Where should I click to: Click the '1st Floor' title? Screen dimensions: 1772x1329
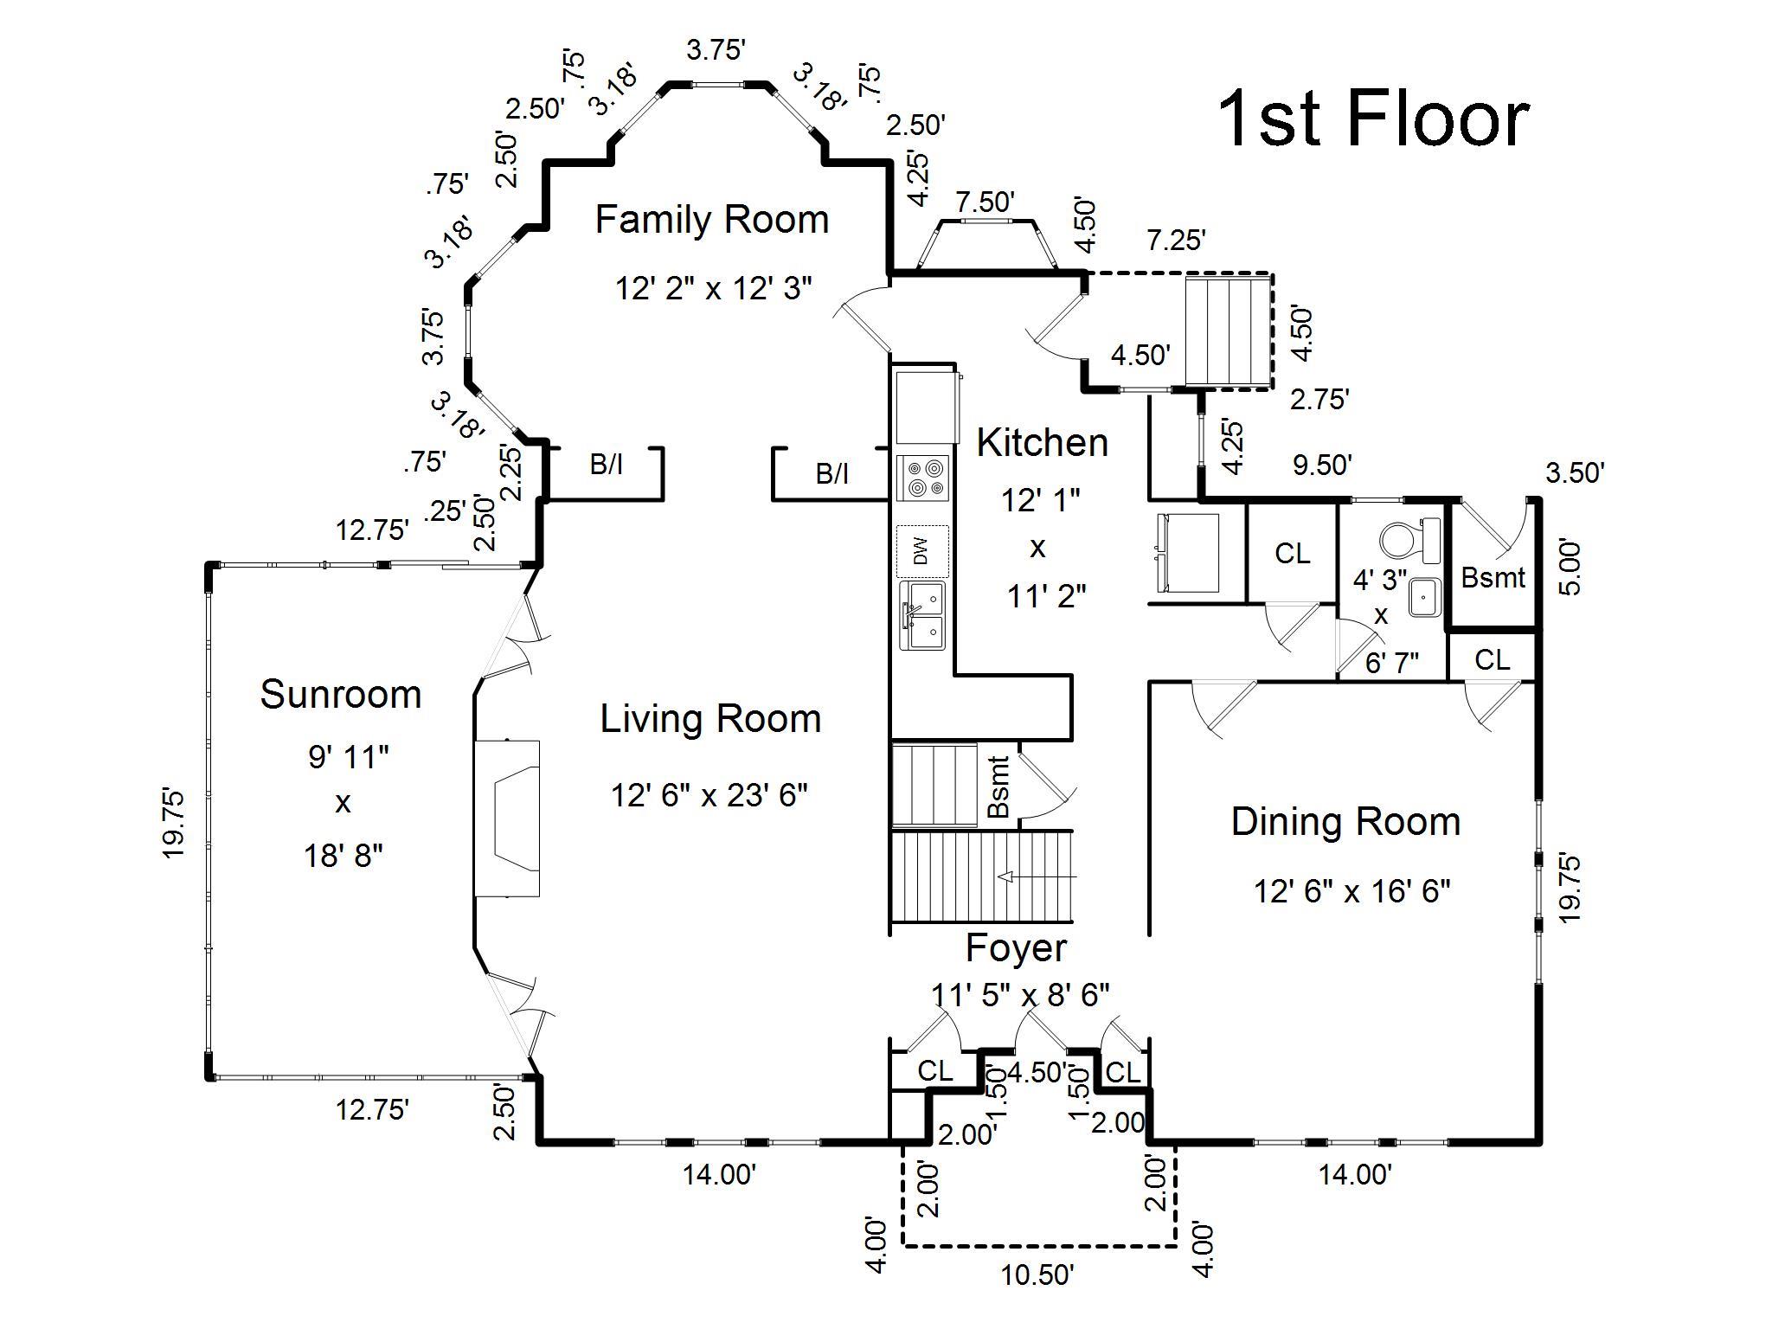pyautogui.click(x=1373, y=120)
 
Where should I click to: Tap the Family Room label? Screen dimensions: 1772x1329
pyautogui.click(x=712, y=220)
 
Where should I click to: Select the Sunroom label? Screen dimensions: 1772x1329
pyautogui.click(x=341, y=695)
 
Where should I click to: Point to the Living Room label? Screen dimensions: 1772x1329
pyautogui.click(x=711, y=720)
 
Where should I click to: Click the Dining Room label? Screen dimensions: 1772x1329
pyautogui.click(x=1345, y=822)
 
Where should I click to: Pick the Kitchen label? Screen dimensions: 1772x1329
pyautogui.click(x=1043, y=443)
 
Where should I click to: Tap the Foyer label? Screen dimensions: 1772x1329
pyautogui.click(x=1017, y=949)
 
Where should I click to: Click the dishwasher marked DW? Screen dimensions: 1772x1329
pyautogui.click(x=922, y=551)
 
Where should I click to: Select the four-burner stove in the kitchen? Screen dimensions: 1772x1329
pyautogui.click(x=924, y=478)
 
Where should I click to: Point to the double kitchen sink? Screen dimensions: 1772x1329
pyautogui.click(x=922, y=615)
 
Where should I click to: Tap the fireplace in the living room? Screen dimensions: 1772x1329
pyautogui.click(x=507, y=819)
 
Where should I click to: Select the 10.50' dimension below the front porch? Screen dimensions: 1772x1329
pyautogui.click(x=1038, y=1275)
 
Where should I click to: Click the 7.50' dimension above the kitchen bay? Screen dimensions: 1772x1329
pyautogui.click(x=985, y=202)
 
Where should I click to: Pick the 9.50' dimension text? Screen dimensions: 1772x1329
pyautogui.click(x=1321, y=465)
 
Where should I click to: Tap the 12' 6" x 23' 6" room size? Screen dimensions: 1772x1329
pyautogui.click(x=709, y=794)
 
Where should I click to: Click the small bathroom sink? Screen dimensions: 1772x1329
pyautogui.click(x=1423, y=597)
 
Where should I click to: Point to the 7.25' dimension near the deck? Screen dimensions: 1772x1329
pyautogui.click(x=1176, y=241)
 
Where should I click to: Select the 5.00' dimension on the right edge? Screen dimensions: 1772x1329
pyautogui.click(x=1570, y=567)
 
